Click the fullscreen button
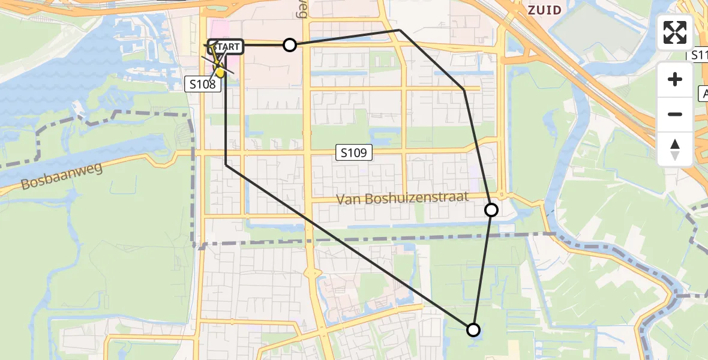pyautogui.click(x=675, y=32)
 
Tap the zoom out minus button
pyautogui.click(x=675, y=114)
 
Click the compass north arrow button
pyautogui.click(x=675, y=149)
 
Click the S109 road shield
pyautogui.click(x=353, y=153)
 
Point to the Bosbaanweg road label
pyautogui.click(x=61, y=176)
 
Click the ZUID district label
pyautogui.click(x=545, y=10)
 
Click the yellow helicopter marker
pyautogui.click(x=220, y=71)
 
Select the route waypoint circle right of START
pyautogui.click(x=290, y=45)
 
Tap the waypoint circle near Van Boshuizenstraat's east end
pyautogui.click(x=491, y=209)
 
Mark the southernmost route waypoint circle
pyautogui.click(x=473, y=329)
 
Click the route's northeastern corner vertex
pyautogui.click(x=400, y=29)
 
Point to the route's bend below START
pyautogui.click(x=226, y=164)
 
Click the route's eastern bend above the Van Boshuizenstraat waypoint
pyautogui.click(x=464, y=89)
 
